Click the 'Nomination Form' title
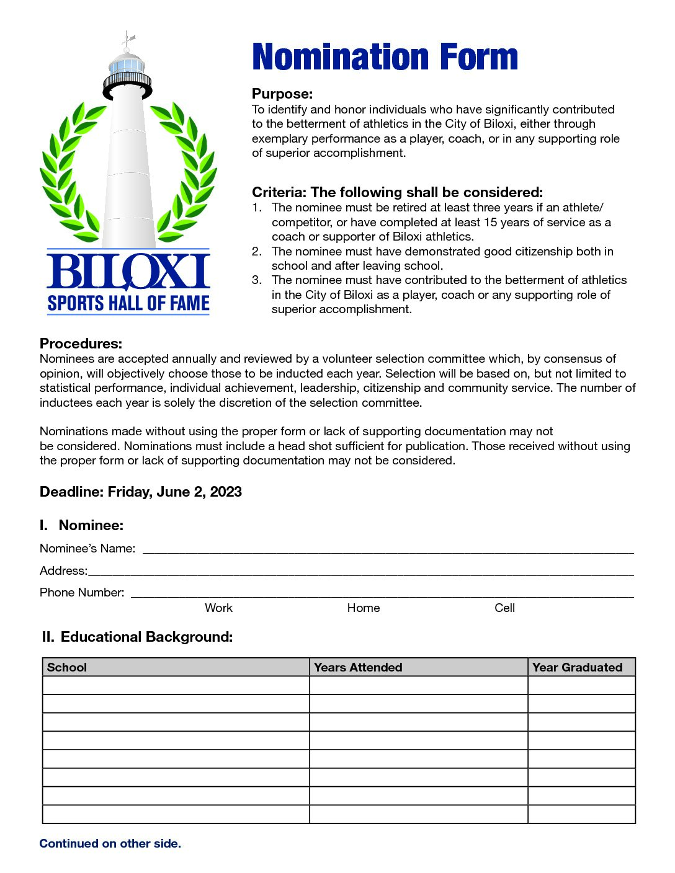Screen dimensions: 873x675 pyautogui.click(x=385, y=57)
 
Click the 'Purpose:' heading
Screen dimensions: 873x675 pyautogui.click(x=282, y=94)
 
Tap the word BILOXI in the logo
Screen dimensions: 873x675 pyautogui.click(x=128, y=272)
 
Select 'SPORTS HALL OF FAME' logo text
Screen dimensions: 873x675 pyautogui.click(x=128, y=303)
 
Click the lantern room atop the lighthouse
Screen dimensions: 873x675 pyautogui.click(x=127, y=64)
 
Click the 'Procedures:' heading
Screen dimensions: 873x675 pyautogui.click(x=81, y=343)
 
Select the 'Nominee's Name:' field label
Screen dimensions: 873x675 pyautogui.click(x=87, y=548)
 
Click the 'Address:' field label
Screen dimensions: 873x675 pyautogui.click(x=63, y=570)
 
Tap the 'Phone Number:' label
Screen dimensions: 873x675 pyautogui.click(x=82, y=592)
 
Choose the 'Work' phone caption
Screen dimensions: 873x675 pyautogui.click(x=218, y=608)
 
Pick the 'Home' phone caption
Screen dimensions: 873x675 pyautogui.click(x=363, y=608)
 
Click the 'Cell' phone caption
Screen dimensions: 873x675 pyautogui.click(x=504, y=608)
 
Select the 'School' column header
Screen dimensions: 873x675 pyautogui.click(x=67, y=667)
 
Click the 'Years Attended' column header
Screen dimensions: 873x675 pyautogui.click(x=358, y=667)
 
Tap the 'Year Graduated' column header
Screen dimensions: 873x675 pyautogui.click(x=577, y=667)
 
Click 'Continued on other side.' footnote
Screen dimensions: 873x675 pyautogui.click(x=110, y=843)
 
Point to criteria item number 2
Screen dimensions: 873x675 pyautogui.click(x=257, y=251)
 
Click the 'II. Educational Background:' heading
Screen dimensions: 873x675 pyautogui.click(x=137, y=637)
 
